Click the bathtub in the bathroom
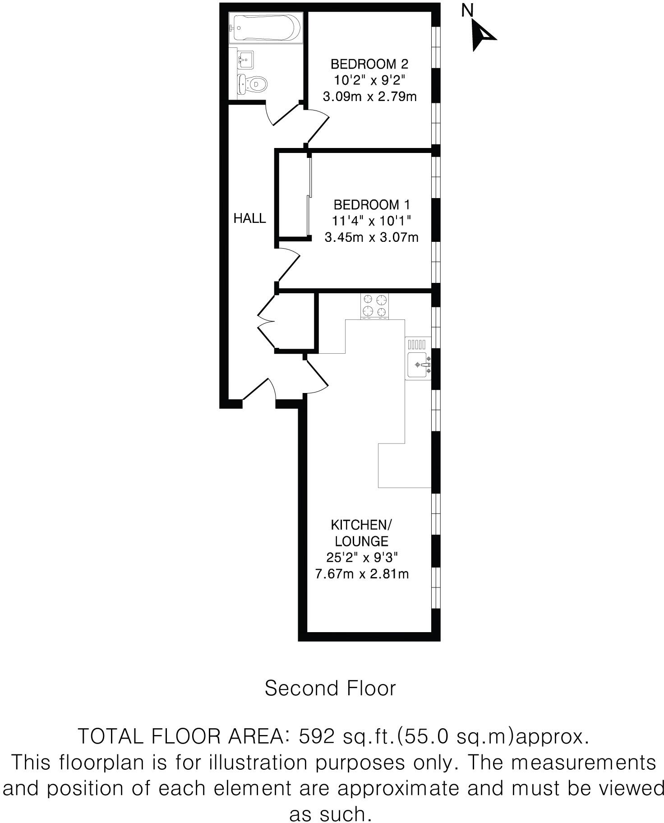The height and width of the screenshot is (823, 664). click(265, 28)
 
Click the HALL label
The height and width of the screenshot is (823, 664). click(249, 218)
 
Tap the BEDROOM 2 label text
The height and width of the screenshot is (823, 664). click(369, 64)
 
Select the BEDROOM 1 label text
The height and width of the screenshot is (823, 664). click(372, 205)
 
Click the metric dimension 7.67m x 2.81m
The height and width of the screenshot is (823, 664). click(362, 574)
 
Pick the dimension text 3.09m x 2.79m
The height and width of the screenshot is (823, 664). click(369, 97)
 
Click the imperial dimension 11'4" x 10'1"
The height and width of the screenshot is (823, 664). click(372, 221)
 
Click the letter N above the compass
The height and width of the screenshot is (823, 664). click(467, 10)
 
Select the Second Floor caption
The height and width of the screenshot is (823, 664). click(330, 689)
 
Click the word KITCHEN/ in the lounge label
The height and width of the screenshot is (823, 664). click(361, 525)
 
